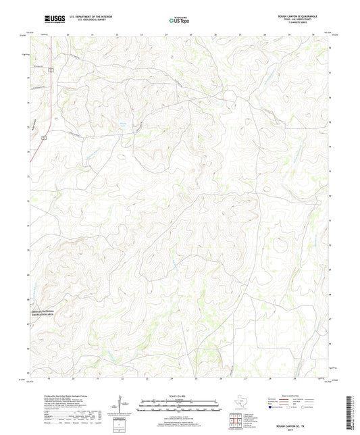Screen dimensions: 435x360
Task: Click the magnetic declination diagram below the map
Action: point(120,406)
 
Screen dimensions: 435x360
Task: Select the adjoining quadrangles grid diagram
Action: point(236,423)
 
